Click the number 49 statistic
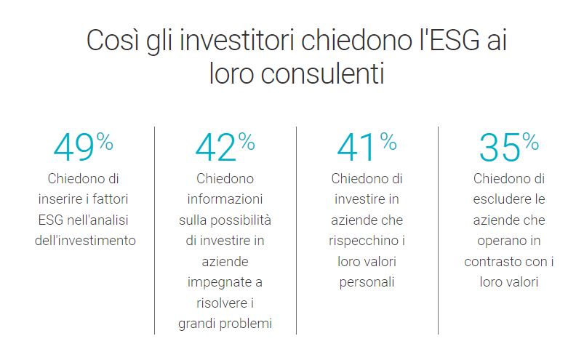click(73, 148)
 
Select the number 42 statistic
click(216, 148)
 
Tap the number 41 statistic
click(356, 148)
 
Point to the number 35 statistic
click(500, 148)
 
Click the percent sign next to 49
click(105, 142)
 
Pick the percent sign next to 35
click(530, 142)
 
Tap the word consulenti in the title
click(322, 73)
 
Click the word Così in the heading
click(113, 40)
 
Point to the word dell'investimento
click(85, 241)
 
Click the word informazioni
click(225, 199)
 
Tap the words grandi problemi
click(225, 324)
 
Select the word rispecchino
click(364, 241)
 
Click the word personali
click(367, 282)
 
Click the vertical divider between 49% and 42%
click(155, 231)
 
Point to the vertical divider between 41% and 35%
click(438, 231)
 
